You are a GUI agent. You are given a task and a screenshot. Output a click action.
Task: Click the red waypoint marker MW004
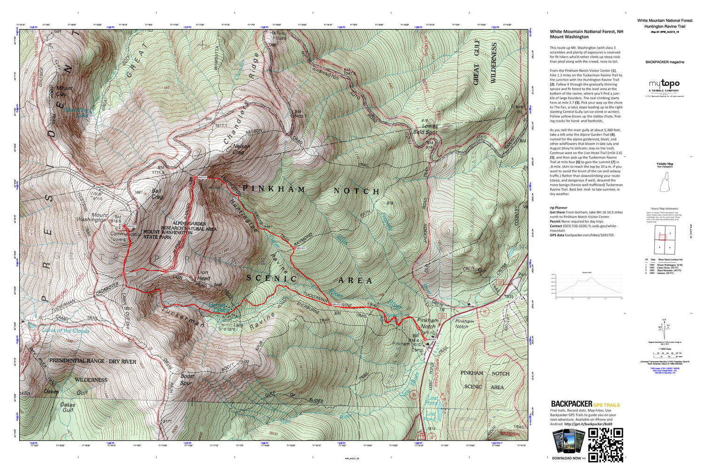click(x=195, y=177)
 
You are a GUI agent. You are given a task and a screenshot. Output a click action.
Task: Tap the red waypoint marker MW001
click(x=425, y=339)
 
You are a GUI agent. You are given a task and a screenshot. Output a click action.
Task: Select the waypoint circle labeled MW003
click(x=293, y=248)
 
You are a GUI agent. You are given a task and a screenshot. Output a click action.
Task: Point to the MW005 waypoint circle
click(x=167, y=271)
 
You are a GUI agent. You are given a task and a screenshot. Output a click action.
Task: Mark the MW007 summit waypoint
click(x=124, y=227)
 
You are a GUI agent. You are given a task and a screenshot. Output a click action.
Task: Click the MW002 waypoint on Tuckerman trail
click(x=331, y=305)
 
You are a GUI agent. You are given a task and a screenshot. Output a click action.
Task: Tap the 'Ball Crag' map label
click(x=157, y=194)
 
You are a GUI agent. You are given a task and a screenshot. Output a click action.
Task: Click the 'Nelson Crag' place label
click(x=241, y=149)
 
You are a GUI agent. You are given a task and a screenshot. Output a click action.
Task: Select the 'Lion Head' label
click(x=203, y=275)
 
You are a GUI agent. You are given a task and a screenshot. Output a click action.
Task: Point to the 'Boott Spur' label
click(x=187, y=379)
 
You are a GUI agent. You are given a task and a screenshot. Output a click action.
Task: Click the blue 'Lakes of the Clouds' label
click(x=65, y=330)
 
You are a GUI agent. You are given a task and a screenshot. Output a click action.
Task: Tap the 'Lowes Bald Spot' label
click(x=425, y=129)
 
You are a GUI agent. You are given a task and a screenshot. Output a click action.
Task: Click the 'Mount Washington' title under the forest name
click(x=569, y=37)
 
